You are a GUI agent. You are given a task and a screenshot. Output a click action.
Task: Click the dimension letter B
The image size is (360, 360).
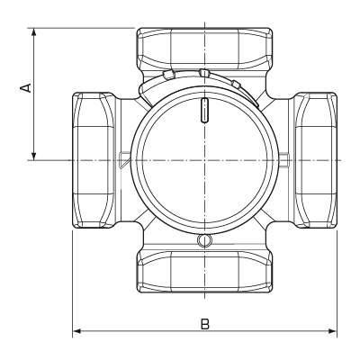204,321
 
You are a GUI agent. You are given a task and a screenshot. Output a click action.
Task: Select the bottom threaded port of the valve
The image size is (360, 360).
204,269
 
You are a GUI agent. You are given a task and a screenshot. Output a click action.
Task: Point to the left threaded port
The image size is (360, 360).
93,159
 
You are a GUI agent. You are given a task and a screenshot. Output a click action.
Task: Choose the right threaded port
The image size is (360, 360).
316,159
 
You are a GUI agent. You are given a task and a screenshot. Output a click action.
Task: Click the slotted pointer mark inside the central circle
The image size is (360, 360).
205,112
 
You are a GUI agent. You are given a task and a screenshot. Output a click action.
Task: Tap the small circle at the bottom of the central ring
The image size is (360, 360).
204,240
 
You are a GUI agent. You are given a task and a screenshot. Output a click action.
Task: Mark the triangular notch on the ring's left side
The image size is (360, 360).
122,159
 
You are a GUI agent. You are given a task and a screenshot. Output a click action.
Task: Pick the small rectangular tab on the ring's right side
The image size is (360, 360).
284,160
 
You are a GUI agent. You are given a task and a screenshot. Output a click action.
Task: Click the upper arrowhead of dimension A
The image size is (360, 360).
33,32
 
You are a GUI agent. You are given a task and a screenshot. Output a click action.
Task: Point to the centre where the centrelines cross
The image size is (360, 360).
204,160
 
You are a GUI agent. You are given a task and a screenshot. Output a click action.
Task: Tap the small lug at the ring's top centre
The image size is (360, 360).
205,73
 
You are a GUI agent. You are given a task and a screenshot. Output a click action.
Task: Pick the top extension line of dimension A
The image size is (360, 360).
81,27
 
